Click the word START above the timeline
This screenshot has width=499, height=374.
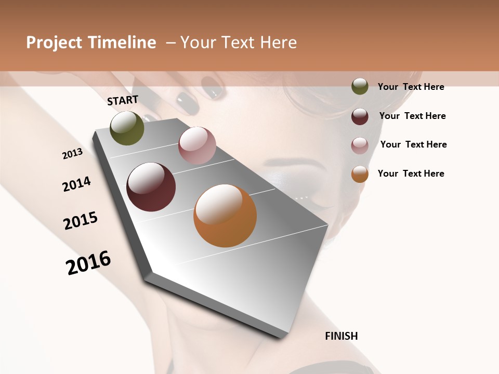(123, 100)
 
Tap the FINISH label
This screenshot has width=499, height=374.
(342, 336)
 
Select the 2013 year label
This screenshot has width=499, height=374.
(72, 154)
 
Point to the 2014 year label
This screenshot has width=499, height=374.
(76, 184)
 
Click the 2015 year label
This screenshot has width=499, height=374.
(81, 221)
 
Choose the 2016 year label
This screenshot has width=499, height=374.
(88, 263)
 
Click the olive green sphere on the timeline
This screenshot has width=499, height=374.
(127, 128)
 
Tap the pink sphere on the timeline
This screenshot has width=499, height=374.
(197, 145)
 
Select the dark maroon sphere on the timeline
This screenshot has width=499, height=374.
(151, 187)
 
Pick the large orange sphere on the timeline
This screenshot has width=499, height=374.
(225, 216)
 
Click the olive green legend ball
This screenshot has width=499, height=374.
(360, 86)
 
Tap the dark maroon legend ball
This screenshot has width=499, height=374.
(360, 116)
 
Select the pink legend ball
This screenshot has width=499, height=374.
(360, 145)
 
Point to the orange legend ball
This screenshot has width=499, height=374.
(360, 174)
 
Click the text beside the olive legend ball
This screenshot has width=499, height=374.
(411, 87)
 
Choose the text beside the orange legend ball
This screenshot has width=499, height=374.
(411, 173)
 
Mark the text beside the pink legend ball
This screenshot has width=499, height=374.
(413, 144)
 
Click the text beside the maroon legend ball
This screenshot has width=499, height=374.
(412, 116)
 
